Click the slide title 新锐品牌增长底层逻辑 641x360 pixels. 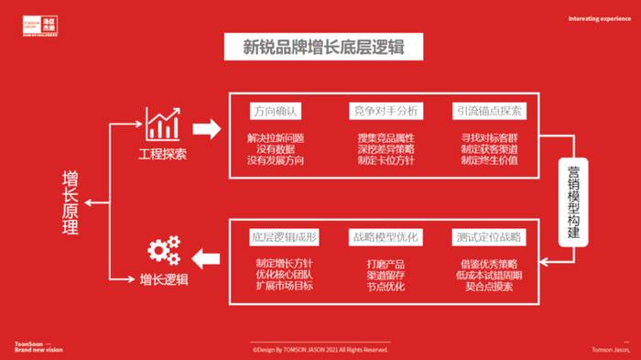point(320,47)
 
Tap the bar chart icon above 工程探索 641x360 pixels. point(162,123)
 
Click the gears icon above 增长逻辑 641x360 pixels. point(164,250)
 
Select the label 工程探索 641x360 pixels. point(163,154)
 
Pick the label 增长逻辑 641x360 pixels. point(164,280)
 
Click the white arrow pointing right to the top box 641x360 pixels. point(207,127)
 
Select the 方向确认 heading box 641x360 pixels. point(275,112)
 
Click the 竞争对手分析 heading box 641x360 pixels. point(385,112)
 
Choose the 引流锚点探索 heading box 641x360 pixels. point(489,112)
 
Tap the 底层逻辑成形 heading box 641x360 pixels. point(284,237)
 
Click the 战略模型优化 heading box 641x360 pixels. point(385,237)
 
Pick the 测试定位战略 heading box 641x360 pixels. point(489,237)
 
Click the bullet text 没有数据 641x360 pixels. point(275,149)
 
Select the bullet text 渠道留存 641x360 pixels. point(386,275)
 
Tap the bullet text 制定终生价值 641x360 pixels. point(489,160)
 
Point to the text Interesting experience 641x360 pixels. point(599,18)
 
